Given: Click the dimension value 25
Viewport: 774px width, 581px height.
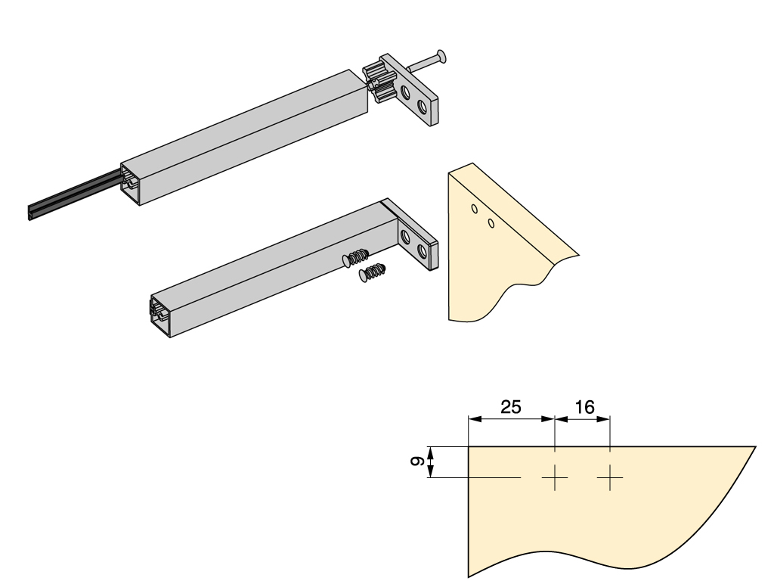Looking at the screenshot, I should (510, 407).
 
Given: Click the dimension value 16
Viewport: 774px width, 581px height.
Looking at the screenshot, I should (583, 407).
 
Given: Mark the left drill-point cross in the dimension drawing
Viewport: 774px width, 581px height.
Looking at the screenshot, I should (555, 477).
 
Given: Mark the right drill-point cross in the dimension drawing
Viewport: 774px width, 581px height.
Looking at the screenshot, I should (609, 477).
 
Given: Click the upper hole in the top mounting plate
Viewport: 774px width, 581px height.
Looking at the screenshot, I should (407, 92).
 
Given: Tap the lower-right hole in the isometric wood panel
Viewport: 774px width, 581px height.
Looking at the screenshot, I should (491, 222).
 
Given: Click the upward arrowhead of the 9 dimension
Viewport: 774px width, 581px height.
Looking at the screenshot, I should (429, 452).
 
